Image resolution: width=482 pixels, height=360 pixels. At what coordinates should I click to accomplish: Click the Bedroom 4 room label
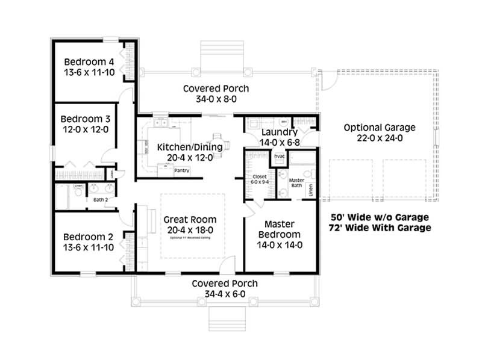(89, 61)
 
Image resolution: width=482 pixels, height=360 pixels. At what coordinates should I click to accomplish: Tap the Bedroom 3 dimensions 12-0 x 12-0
(89, 129)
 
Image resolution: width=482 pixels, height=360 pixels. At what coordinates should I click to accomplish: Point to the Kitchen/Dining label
(190, 147)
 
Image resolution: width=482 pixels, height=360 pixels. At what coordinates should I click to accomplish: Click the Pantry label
(181, 170)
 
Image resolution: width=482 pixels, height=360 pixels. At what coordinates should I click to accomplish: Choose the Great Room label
(190, 219)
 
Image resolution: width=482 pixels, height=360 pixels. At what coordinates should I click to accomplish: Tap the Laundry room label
(280, 132)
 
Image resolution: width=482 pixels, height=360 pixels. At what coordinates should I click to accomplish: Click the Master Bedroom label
(280, 229)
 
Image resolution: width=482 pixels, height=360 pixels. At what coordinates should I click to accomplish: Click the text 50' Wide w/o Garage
(381, 217)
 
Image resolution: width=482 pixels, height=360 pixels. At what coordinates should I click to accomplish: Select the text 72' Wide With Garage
(381, 228)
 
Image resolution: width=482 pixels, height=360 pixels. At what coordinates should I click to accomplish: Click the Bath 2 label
(100, 199)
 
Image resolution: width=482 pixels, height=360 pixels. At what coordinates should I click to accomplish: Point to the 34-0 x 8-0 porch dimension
(216, 99)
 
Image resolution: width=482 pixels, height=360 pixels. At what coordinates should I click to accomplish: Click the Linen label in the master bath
(311, 190)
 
